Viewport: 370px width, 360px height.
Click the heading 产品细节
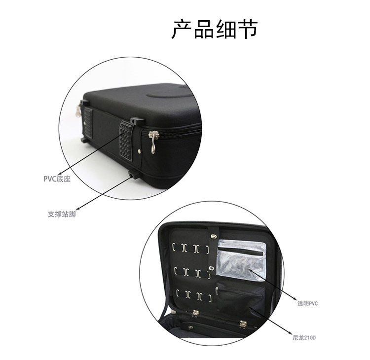coord(214,29)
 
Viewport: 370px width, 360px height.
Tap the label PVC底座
coord(57,179)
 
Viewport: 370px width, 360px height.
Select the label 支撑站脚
coord(62,214)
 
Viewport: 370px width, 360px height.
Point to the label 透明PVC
coord(307,303)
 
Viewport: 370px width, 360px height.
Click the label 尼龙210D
coord(304,338)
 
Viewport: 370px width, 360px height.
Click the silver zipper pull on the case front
coord(152,142)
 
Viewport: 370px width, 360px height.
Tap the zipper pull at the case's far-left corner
coord(78,111)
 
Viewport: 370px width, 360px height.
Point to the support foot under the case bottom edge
coord(133,174)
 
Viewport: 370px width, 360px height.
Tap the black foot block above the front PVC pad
coord(137,122)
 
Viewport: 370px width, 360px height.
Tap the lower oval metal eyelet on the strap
coord(212,268)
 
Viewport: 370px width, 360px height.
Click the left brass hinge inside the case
coord(195,313)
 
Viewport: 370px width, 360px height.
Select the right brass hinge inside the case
coord(243,324)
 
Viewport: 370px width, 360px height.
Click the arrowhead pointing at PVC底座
coord(59,174)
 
